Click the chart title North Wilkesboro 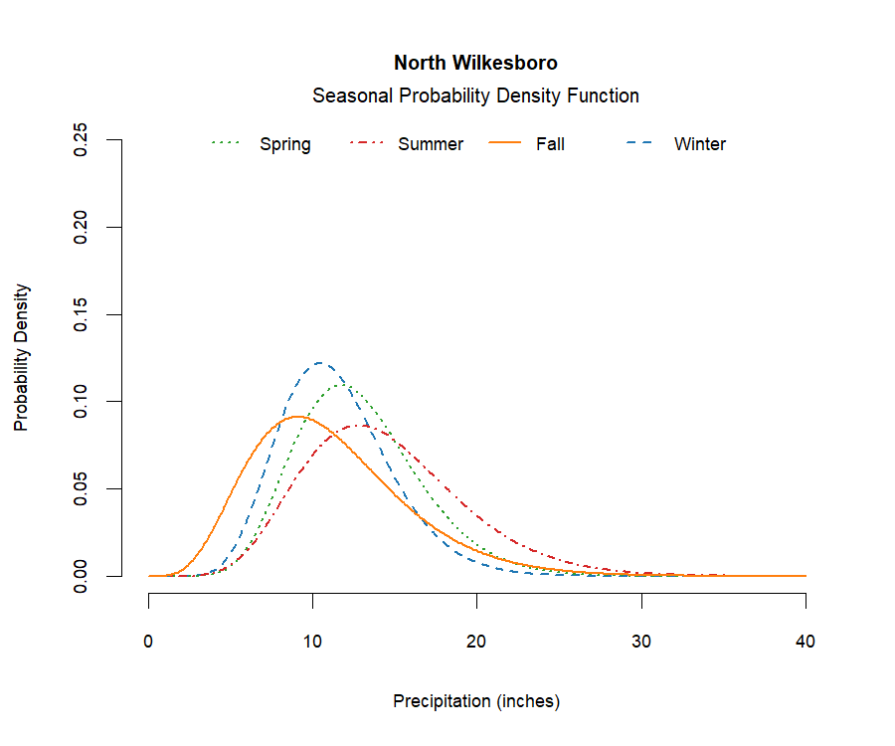[x=475, y=63]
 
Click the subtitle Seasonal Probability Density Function [x=475, y=96]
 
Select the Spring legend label [x=285, y=144]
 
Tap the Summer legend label [x=431, y=144]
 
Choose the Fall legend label [x=550, y=144]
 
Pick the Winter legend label [x=700, y=144]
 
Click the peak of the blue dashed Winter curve [x=319, y=363]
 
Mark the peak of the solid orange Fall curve [x=296, y=417]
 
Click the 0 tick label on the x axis [x=149, y=642]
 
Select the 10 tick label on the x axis [x=313, y=642]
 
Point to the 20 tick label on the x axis [x=477, y=642]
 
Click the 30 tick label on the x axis [x=641, y=642]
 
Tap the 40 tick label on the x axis [x=805, y=642]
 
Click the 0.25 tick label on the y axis [x=83, y=140]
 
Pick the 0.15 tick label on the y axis [x=83, y=314]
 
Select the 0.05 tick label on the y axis [x=83, y=489]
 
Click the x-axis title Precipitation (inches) [x=476, y=701]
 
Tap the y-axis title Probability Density [x=22, y=358]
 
